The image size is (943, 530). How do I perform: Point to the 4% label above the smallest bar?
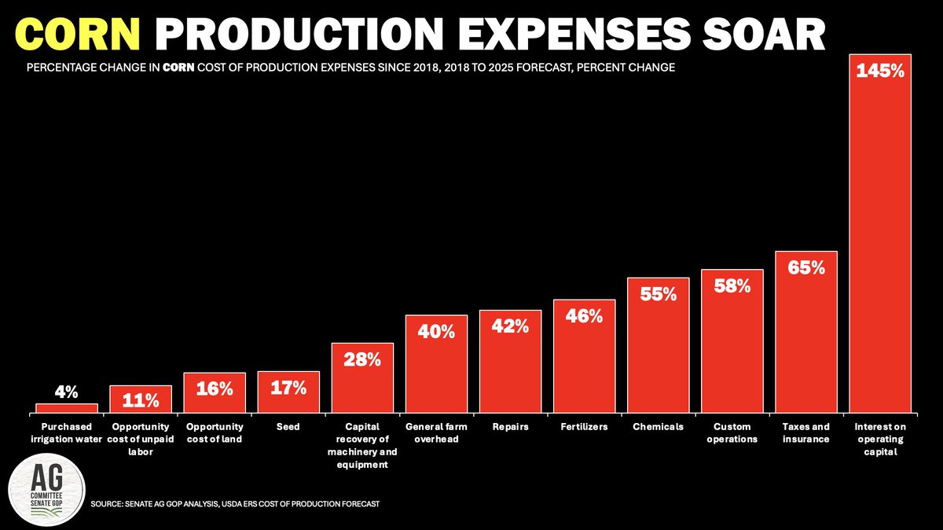tap(66, 391)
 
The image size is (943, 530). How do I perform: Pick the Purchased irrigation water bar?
tap(67, 407)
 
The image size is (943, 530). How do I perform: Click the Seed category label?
tap(288, 427)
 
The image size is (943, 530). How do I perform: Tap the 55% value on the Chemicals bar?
tap(658, 294)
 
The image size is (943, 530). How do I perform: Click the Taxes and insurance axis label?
tap(805, 432)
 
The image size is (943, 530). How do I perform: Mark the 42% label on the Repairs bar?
tap(510, 326)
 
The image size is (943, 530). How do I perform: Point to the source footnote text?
tap(235, 503)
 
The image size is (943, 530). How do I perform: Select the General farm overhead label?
tap(436, 432)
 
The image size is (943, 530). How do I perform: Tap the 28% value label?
tap(362, 359)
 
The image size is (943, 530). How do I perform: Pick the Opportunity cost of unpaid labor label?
tap(141, 439)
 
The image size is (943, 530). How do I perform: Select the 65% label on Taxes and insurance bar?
tap(805, 267)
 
